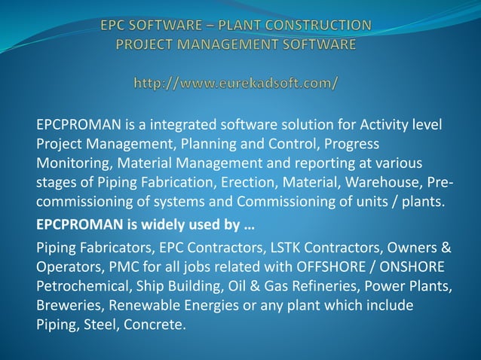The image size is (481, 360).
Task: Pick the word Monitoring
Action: coord(69,163)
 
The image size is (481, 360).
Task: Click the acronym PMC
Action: coord(124,267)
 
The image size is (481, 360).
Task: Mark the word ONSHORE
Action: coord(411,267)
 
